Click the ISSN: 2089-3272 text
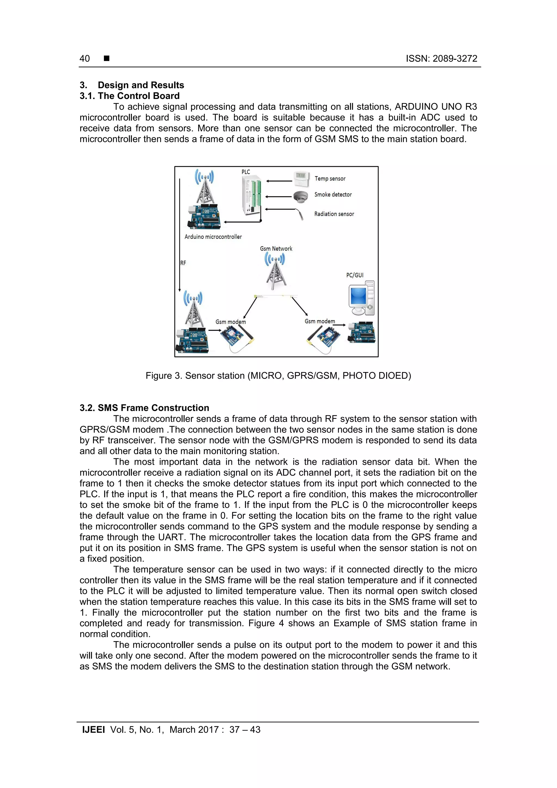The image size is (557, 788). click(x=441, y=59)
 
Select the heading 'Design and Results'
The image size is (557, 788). click(x=141, y=85)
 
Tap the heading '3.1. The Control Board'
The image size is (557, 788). click(x=129, y=96)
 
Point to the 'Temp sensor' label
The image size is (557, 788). click(x=330, y=178)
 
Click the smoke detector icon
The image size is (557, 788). click(x=300, y=196)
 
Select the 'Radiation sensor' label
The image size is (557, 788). click(x=334, y=214)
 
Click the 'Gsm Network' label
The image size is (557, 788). click(x=276, y=249)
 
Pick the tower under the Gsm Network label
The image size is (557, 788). click(x=275, y=273)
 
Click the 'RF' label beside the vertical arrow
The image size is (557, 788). click(x=183, y=263)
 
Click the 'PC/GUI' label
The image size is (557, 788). click(x=355, y=275)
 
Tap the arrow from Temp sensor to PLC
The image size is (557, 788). click(x=279, y=181)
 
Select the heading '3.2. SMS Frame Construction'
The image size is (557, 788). click(x=144, y=408)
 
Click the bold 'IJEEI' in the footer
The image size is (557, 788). click(x=93, y=730)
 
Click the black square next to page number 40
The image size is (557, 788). click(x=107, y=58)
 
